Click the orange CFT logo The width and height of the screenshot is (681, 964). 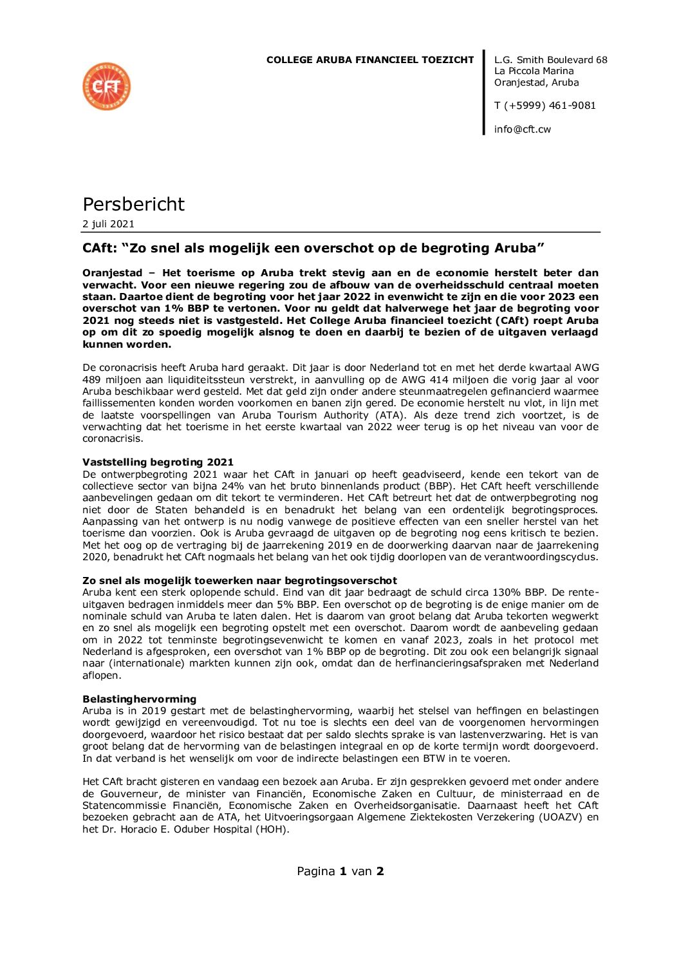[106, 86]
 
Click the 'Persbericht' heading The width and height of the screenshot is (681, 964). [133, 204]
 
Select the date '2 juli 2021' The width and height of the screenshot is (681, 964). [108, 224]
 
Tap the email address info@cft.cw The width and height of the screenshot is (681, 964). [522, 129]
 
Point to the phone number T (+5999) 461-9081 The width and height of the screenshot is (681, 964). [545, 106]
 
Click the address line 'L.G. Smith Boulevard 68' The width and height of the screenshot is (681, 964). [550, 60]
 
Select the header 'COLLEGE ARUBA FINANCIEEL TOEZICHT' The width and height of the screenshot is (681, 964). [369, 60]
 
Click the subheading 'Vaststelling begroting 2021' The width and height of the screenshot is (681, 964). [158, 462]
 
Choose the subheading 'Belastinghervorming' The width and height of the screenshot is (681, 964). [139, 699]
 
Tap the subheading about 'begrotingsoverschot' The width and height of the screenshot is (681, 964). [239, 580]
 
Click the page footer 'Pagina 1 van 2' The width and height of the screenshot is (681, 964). [340, 871]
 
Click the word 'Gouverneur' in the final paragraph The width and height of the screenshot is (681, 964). [131, 794]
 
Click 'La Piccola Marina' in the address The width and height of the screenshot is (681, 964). [534, 71]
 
